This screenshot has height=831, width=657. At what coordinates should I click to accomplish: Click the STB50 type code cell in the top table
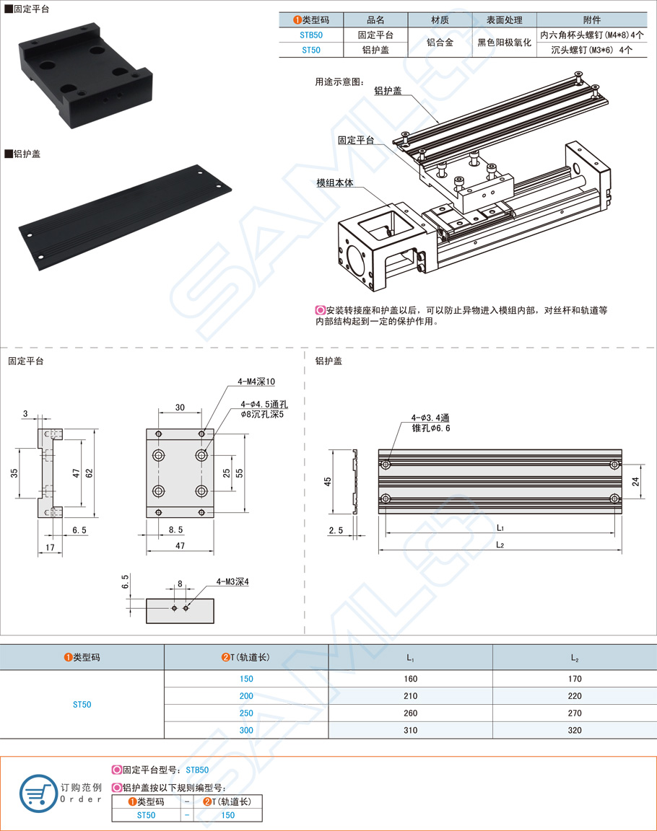[x=311, y=35]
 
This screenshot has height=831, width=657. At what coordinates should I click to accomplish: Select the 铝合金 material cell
[x=440, y=43]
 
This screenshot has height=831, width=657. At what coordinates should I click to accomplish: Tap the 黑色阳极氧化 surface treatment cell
[x=504, y=43]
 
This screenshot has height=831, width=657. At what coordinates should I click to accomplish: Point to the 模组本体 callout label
[x=335, y=183]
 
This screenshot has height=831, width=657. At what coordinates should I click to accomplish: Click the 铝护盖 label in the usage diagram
[x=388, y=91]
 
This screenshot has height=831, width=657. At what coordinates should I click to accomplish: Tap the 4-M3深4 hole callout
[x=232, y=581]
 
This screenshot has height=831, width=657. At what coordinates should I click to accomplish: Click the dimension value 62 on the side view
[x=88, y=472]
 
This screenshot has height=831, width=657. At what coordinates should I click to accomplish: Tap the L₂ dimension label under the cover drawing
[x=500, y=545]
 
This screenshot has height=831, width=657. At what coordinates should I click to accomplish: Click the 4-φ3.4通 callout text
[x=430, y=418]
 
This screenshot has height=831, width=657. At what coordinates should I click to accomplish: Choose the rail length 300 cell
[x=246, y=730]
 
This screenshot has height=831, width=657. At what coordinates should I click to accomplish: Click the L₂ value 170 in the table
[x=574, y=678]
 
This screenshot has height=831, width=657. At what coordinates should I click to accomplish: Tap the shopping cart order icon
[x=38, y=793]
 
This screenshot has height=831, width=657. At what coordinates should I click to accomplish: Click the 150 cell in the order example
[x=227, y=814]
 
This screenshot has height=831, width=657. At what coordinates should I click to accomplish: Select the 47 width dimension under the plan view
[x=180, y=546]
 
